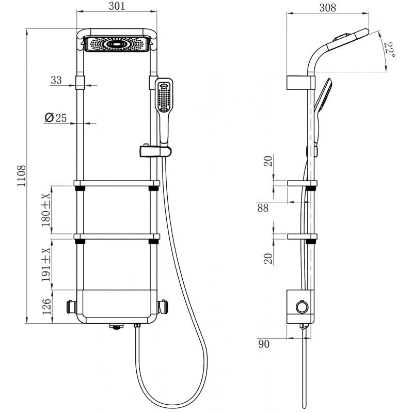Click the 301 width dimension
point(117,7)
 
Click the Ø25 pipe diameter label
point(56,118)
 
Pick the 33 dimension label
point(56,80)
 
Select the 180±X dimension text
point(46,210)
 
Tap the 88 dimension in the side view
point(263,208)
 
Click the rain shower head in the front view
point(117,44)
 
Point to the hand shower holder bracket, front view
point(154,151)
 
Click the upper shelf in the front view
point(117,183)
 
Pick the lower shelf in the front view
point(117,237)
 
